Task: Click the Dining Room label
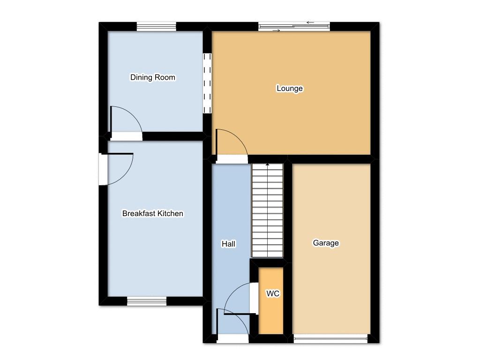point(153,77)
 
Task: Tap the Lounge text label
point(290,88)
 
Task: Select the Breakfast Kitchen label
point(153,213)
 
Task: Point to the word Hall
point(228,244)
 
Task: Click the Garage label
point(326,243)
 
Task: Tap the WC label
point(273,293)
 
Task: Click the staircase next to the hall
point(267,210)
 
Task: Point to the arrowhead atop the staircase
point(267,165)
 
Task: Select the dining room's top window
point(157,27)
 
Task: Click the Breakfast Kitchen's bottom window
point(147,301)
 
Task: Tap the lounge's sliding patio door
point(294,27)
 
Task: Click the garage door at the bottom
point(330,338)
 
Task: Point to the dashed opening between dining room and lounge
point(207,83)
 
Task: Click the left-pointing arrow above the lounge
point(310,22)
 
